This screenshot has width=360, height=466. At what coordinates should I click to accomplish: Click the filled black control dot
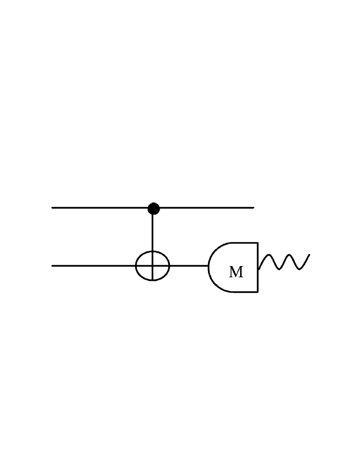(x=153, y=208)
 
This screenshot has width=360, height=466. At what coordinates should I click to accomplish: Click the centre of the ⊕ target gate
(x=152, y=266)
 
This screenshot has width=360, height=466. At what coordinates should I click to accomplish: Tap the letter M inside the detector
(x=236, y=272)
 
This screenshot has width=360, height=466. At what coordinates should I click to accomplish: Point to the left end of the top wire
(x=52, y=208)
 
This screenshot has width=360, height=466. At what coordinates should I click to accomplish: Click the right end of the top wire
(x=253, y=208)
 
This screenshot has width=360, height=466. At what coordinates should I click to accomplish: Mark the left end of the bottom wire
(x=52, y=266)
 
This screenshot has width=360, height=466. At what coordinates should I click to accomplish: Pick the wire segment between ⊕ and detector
(x=188, y=266)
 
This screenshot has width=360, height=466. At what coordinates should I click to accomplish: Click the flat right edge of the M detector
(x=258, y=267)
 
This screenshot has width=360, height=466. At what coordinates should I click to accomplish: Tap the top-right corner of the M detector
(x=258, y=243)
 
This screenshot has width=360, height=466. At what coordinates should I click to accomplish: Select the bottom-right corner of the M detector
(x=258, y=291)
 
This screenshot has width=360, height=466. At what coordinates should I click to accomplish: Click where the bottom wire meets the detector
(x=208, y=266)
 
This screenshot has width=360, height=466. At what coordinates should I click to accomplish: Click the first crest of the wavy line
(x=269, y=255)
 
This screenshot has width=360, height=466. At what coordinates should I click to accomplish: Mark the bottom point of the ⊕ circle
(x=152, y=280)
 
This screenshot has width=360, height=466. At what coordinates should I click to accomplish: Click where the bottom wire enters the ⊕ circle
(x=136, y=266)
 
